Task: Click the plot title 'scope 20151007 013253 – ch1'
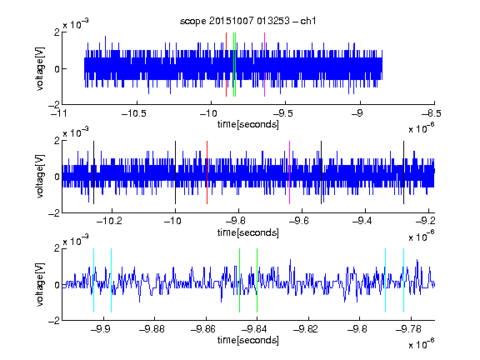point(247,21)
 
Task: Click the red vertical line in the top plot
point(226,65)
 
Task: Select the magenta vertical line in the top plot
point(264,65)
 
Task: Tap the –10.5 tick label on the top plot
point(134,113)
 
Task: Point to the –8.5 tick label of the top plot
point(432,113)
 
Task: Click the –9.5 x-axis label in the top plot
point(282,113)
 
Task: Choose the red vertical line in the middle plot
point(207,172)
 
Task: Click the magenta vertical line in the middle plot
point(290,172)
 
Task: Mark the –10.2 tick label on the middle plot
point(109,221)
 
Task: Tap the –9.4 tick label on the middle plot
point(362,221)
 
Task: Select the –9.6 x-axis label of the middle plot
point(299,221)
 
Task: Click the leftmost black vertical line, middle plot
point(93,172)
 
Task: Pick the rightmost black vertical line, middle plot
point(404,172)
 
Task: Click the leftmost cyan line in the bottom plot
point(93,280)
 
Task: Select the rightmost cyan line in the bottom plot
point(404,280)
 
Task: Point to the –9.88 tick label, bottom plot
point(152,329)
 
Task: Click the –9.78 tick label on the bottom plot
point(408,329)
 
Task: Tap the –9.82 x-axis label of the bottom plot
point(306,329)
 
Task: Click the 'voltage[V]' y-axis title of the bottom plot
point(40,285)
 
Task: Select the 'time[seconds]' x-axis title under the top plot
point(248,124)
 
